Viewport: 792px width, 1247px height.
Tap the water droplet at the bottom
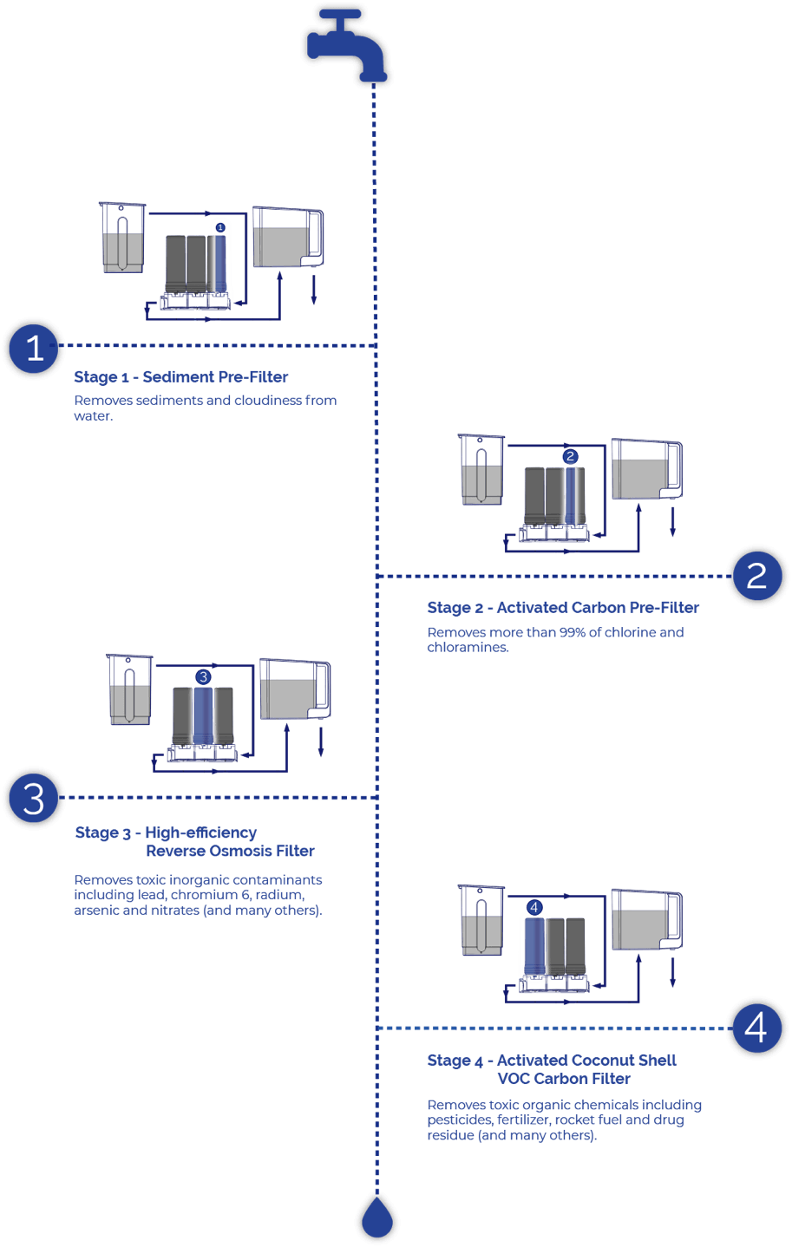377,1219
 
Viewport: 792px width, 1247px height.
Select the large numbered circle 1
34,348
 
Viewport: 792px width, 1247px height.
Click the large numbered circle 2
757,576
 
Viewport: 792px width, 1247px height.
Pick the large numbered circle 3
34,798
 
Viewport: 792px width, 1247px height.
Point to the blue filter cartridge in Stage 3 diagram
203,716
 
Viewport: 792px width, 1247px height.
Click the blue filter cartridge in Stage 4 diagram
534,946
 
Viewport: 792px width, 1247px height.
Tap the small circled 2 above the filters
570,456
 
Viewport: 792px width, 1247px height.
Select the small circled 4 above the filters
534,907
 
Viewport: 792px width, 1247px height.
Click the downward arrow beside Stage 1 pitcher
314,290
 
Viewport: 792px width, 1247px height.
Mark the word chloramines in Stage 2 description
468,647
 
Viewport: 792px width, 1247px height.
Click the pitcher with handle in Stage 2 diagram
647,469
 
